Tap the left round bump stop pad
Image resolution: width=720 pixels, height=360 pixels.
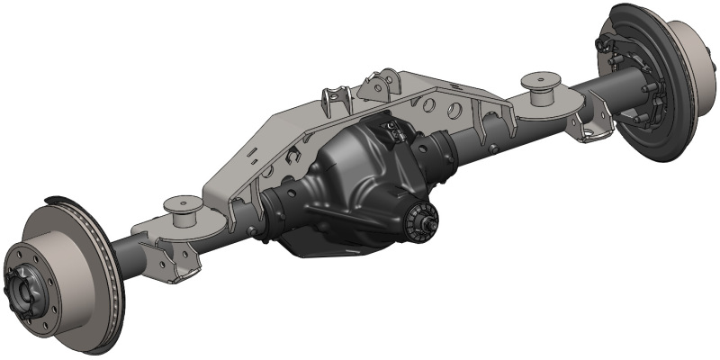(x=179, y=210)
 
